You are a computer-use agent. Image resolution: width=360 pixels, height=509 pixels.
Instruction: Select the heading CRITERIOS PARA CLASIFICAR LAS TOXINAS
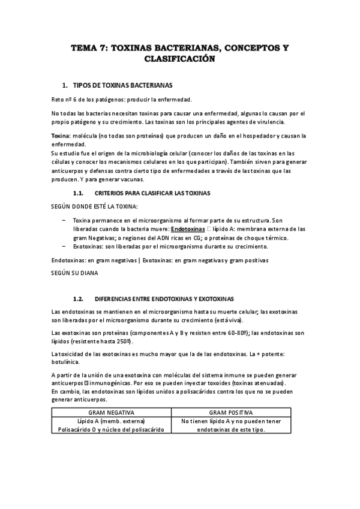[152, 193]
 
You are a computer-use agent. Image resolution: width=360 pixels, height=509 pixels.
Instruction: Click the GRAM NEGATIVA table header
[111, 413]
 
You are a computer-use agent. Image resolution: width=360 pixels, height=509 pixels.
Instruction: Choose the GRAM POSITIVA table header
[231, 413]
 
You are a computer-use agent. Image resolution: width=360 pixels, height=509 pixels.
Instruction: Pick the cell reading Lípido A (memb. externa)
[111, 421]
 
